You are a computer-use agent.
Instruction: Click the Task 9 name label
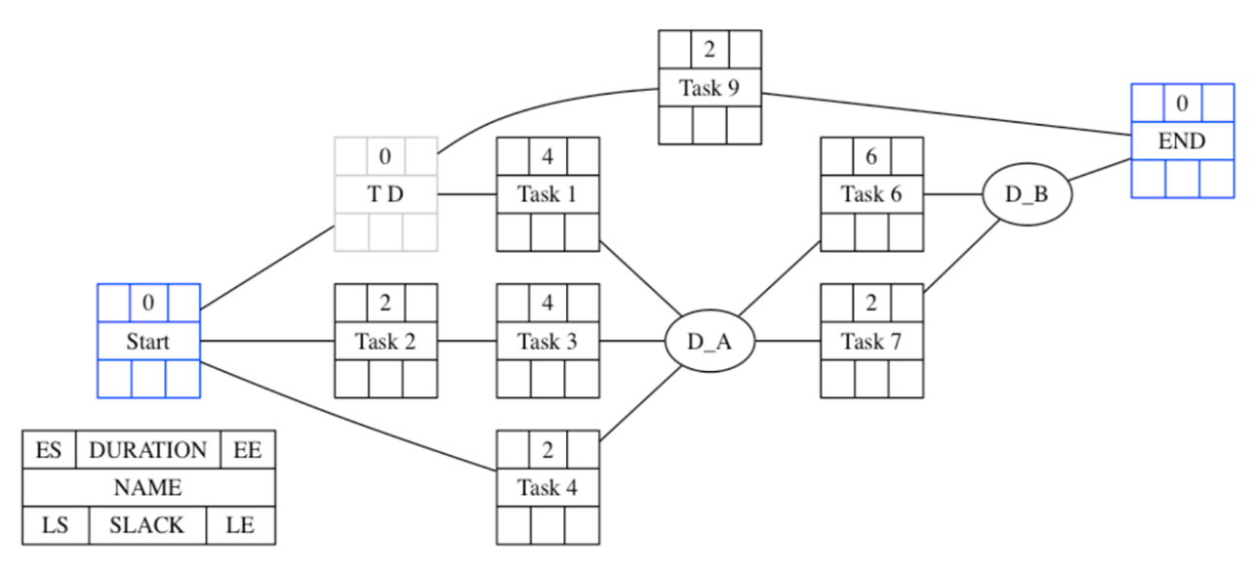tap(709, 88)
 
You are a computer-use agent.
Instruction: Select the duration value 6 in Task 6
tap(871, 155)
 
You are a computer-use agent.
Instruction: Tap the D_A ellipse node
tap(709, 342)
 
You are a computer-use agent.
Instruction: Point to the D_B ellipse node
tap(1027, 194)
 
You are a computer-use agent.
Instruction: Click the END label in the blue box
tap(1181, 142)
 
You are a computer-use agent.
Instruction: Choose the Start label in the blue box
tap(148, 342)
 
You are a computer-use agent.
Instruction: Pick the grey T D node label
tap(385, 194)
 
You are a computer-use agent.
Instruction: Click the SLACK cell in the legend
tap(147, 525)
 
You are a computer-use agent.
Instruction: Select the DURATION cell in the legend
tap(148, 450)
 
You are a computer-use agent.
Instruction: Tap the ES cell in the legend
tap(49, 450)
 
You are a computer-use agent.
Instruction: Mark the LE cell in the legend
tap(240, 525)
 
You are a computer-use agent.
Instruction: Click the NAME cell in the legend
tap(148, 487)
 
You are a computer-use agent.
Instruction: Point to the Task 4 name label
tap(547, 487)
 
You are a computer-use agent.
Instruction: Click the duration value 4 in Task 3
tap(547, 303)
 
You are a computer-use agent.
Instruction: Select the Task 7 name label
tap(871, 342)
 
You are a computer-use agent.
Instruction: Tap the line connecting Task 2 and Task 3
tap(466, 342)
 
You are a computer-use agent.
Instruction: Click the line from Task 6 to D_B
tap(952, 194)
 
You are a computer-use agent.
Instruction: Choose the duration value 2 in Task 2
tap(385, 303)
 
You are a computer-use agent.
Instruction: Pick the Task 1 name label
tap(547, 194)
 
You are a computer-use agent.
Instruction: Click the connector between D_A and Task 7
tap(788, 342)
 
